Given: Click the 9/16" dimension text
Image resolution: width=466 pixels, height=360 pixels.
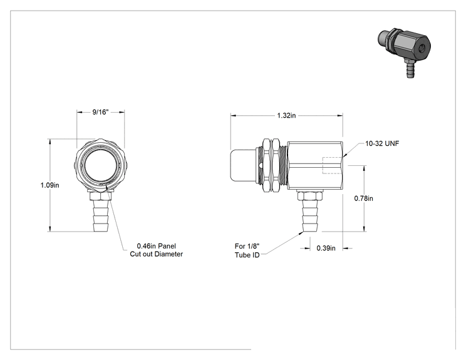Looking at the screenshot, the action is point(100,112).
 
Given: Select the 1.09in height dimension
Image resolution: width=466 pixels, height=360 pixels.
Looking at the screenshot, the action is point(49,185).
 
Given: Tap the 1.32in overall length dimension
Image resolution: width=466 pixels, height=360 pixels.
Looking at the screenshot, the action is point(286,115).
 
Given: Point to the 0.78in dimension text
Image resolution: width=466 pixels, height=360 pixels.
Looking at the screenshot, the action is point(363,198).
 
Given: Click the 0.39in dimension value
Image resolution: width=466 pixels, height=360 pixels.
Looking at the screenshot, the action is point(326,248).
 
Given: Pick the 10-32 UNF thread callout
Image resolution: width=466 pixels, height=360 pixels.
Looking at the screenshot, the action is point(382,143).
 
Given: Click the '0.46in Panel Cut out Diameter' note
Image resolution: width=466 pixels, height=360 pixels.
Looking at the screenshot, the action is point(157,250).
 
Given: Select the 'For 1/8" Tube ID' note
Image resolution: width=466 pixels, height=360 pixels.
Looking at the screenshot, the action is point(247,250).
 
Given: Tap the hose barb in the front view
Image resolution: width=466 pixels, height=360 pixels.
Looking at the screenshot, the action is point(101,215).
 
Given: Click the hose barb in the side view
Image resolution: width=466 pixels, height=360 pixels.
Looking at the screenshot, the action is point(309,215).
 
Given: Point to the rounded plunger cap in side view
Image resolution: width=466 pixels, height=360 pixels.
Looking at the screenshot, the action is point(243,165).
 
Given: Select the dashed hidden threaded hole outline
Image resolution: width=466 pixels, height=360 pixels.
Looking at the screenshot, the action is point(332,165).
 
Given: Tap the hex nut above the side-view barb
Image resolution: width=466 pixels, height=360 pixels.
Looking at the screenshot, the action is point(309,195).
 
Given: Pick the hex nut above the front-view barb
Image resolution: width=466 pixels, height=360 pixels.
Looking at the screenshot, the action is point(100,196).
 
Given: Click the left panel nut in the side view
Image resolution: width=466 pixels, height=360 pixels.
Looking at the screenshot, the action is point(267,165).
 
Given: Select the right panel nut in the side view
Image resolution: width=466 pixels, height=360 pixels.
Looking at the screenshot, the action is point(276,165).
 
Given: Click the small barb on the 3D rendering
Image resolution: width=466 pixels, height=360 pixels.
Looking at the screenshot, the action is point(410,69).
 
